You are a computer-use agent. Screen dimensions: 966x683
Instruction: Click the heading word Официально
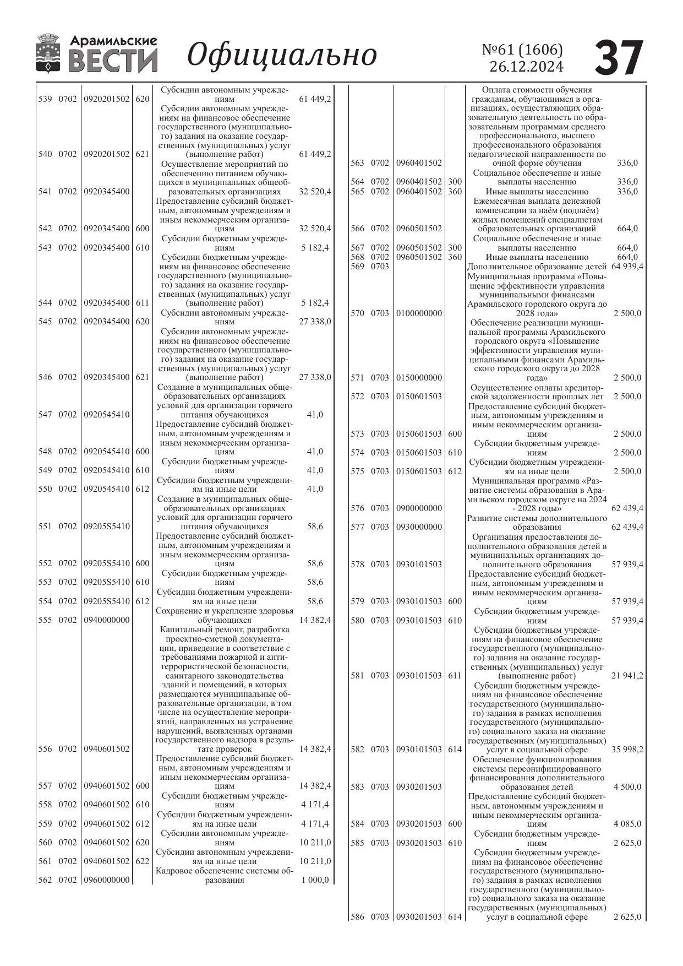pos(282,55)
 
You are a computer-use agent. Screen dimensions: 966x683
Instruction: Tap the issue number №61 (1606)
pos(522,50)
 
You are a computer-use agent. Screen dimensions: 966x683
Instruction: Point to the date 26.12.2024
pos(527,67)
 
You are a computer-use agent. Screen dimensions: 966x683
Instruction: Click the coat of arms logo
pos(48,53)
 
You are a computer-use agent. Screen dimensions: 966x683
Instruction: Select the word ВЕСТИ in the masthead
pos(113,61)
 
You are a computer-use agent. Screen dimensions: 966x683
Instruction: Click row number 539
pos(45,99)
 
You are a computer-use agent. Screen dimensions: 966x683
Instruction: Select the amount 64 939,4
pos(627,267)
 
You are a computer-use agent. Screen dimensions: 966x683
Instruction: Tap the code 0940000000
pos(107,620)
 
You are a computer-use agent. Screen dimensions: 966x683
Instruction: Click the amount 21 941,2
pos(627,675)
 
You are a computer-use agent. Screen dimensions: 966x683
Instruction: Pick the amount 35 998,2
pos(627,750)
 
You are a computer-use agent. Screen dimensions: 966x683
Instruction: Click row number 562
pos(45,880)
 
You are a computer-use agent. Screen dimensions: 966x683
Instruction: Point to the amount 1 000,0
pos(315,880)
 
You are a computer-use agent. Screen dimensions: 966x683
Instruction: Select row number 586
pos(357,917)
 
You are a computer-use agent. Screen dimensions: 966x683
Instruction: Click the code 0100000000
pos(419,313)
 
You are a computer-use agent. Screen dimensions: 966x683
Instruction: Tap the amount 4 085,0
pos(627,824)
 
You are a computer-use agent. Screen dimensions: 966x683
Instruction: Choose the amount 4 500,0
pos(627,786)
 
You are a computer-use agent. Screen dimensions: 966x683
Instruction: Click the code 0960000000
pos(107,880)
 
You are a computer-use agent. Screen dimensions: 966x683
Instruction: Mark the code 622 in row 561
pos(142,861)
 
